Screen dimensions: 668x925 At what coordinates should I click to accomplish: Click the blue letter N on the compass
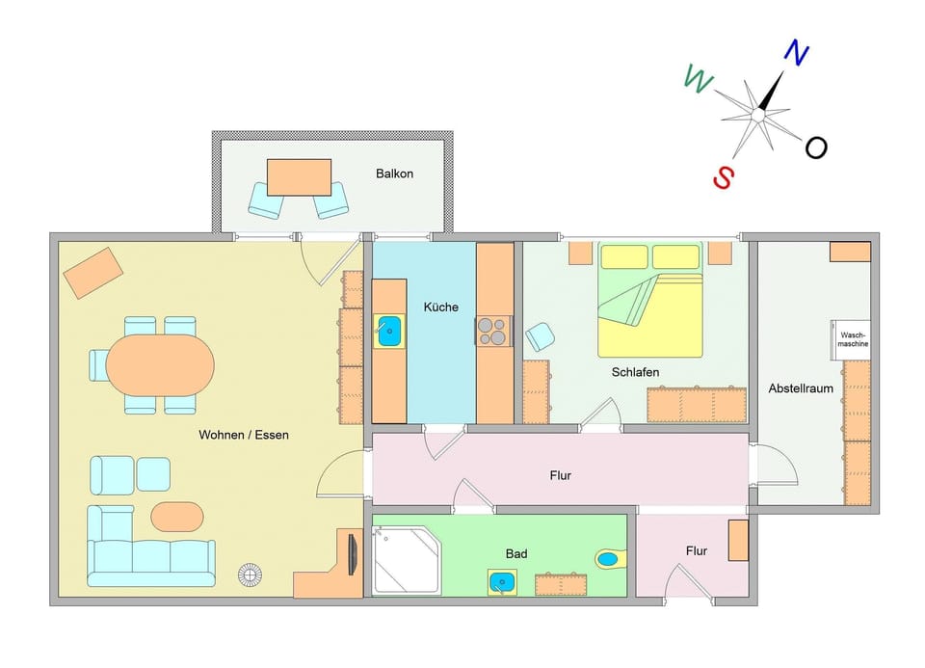(795, 53)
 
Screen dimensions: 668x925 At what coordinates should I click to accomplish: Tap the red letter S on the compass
(724, 176)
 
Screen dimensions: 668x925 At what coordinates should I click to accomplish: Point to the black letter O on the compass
(816, 147)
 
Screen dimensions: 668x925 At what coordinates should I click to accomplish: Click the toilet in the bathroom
(609, 558)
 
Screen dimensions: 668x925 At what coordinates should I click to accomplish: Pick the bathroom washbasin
(501, 582)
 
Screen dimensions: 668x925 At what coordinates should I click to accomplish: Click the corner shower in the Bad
(406, 560)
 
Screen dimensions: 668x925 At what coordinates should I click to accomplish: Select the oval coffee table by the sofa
(177, 516)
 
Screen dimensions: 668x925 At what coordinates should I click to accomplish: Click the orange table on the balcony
(299, 177)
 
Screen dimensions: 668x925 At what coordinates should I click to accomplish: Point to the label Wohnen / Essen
(244, 435)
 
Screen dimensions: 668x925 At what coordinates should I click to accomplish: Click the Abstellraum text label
(800, 388)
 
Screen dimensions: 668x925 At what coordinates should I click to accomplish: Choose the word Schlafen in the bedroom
(635, 371)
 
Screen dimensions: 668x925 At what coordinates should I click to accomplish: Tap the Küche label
(440, 307)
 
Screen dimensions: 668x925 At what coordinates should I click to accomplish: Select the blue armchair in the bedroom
(540, 336)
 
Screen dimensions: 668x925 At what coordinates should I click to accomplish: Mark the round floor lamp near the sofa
(250, 575)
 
